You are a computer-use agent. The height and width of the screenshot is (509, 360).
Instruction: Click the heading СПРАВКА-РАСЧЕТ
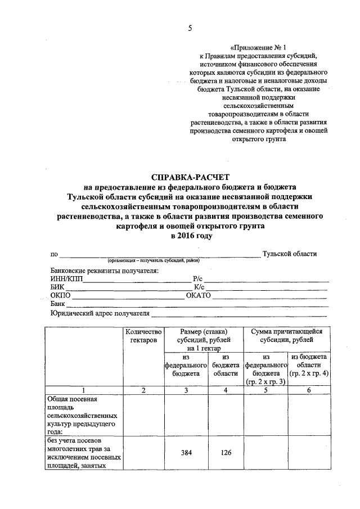pyautogui.click(x=191, y=177)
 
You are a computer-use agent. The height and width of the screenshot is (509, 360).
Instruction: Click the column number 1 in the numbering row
pyautogui.click(x=84, y=390)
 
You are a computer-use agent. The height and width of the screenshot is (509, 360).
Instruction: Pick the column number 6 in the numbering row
pyautogui.click(x=309, y=390)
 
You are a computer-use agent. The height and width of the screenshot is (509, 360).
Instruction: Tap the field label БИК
pyautogui.click(x=57, y=287)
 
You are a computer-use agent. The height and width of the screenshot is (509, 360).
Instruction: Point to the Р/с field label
pyautogui.click(x=197, y=278)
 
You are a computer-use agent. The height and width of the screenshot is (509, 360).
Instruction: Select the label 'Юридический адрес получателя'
pyautogui.click(x=100, y=313)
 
